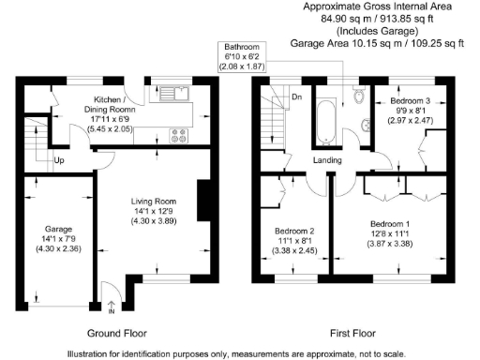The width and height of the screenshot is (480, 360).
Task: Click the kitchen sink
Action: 174,94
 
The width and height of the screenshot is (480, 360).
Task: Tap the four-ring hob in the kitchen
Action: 179,136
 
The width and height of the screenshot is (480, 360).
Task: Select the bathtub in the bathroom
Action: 326,123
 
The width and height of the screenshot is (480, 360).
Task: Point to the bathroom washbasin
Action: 366,126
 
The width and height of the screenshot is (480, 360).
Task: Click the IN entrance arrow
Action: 112,307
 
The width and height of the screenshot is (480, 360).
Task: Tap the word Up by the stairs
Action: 59,160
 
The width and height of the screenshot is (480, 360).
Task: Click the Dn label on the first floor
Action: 297,97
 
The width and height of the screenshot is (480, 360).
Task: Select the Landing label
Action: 327,160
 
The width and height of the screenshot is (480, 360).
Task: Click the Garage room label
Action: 58,229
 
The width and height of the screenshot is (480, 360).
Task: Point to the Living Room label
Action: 154,202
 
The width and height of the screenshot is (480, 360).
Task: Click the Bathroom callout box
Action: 242,57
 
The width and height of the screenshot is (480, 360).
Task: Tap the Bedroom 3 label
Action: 411,101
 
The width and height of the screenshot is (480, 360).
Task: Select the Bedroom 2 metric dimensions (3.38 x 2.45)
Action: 294,250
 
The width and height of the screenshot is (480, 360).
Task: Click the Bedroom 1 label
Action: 390,224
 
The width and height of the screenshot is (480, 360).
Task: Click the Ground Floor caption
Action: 117,334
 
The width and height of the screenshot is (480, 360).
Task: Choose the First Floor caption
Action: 352,334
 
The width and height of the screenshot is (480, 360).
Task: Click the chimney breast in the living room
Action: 203,201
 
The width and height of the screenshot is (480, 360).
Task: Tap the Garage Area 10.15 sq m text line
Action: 377,43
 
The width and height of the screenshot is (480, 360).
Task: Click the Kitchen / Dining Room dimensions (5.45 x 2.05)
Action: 110,128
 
